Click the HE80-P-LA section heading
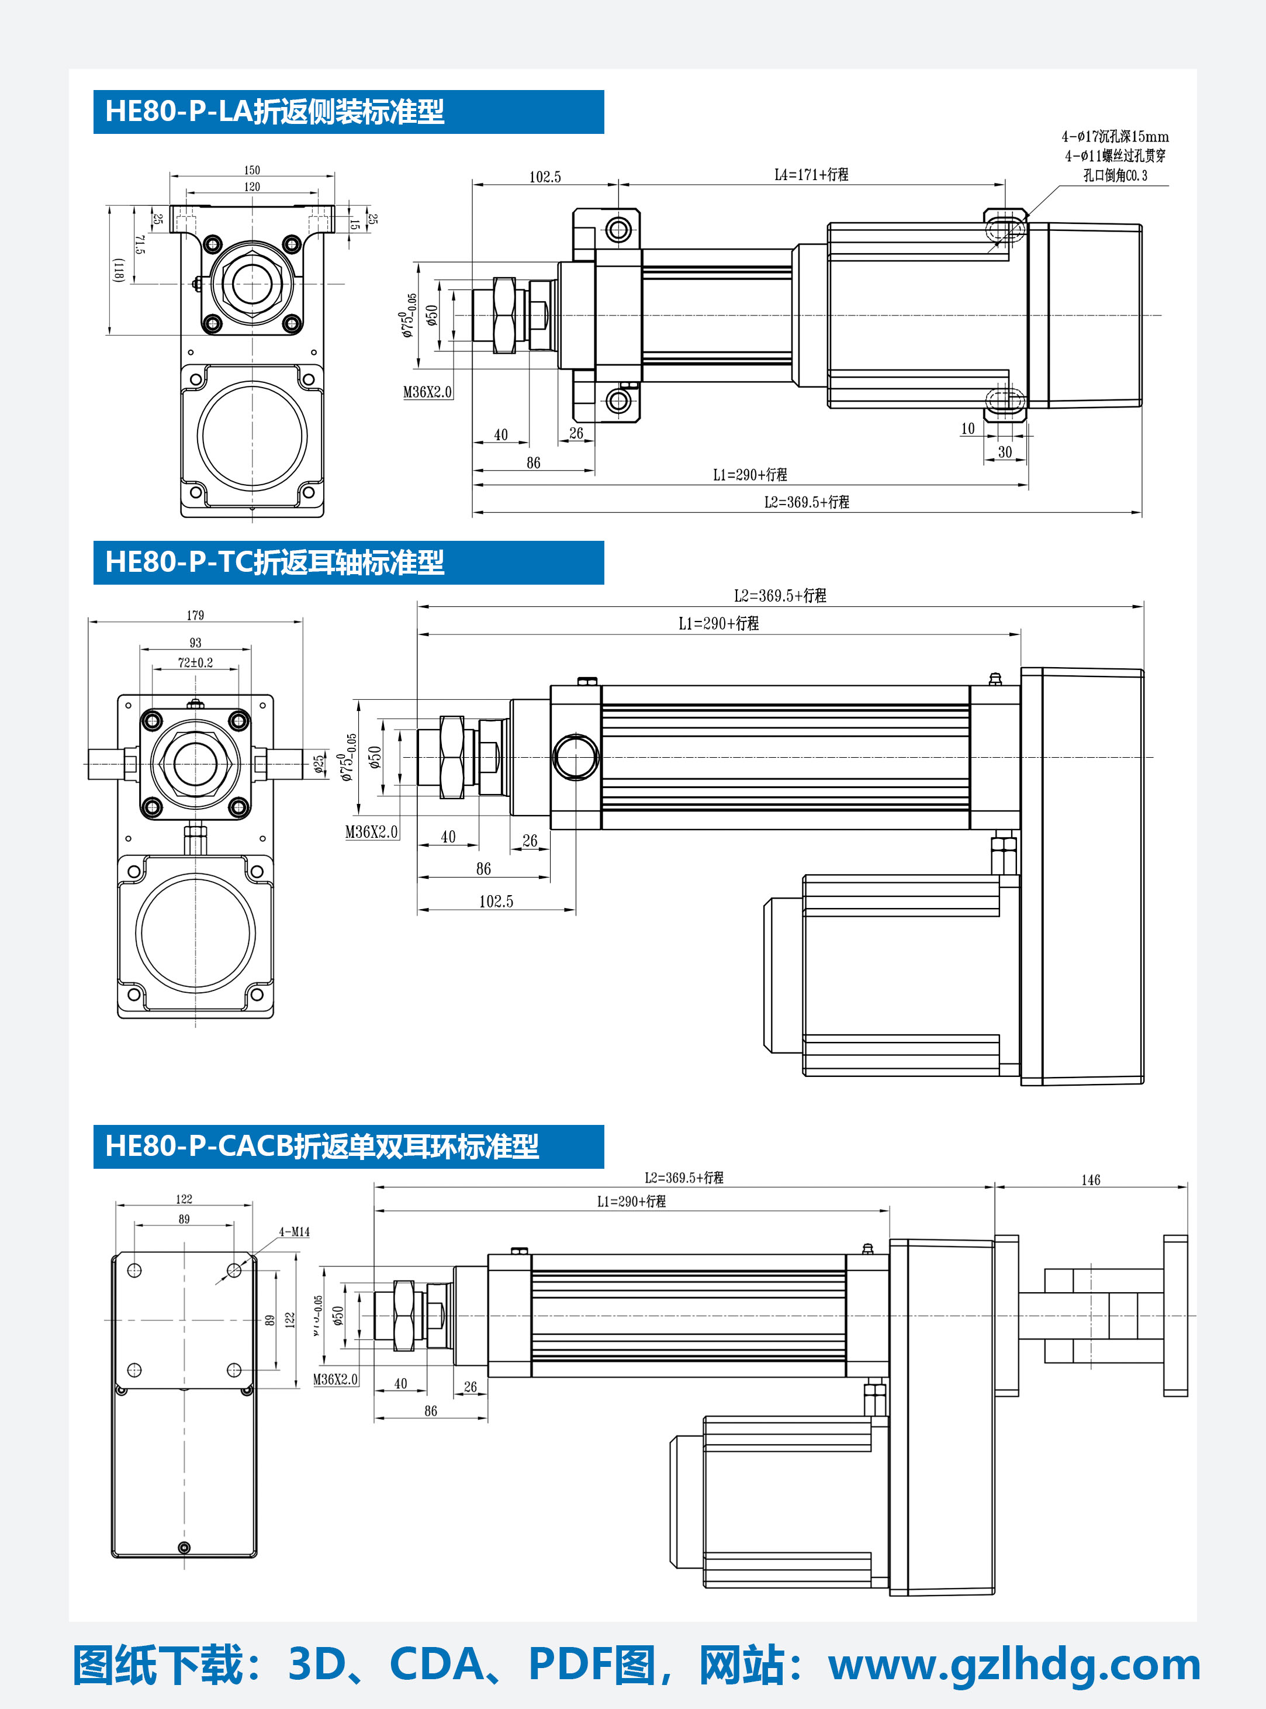pos(274,112)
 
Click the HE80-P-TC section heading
pos(274,562)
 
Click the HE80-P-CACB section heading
pos(322,1147)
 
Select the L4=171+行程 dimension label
pos(811,175)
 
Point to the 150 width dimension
pos(252,170)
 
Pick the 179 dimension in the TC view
pos(195,616)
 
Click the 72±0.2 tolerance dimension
pos(195,662)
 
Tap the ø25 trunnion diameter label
pos(319,764)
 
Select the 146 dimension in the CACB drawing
pos(1091,1180)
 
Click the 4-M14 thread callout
pos(294,1232)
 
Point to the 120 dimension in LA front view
pos(252,187)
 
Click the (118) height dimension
pos(119,270)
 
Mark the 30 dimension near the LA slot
pos(1005,452)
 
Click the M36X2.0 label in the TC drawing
pos(372,832)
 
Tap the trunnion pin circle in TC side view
pos(576,757)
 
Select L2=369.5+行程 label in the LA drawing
pos(806,502)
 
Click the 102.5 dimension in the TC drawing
pos(496,901)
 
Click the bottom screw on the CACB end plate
pos(184,1547)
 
